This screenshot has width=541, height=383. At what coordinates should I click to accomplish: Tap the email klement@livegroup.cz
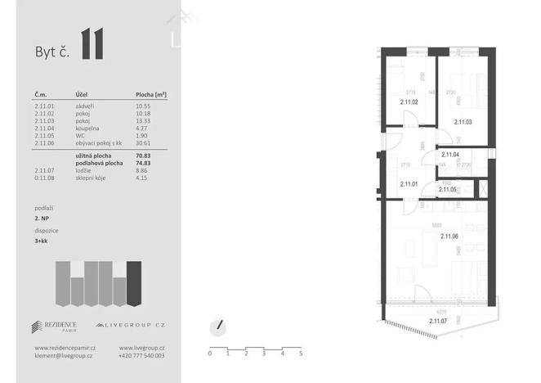(x=64, y=356)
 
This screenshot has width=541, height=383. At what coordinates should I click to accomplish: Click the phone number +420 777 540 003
(x=142, y=356)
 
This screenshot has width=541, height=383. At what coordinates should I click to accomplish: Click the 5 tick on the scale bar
(x=301, y=354)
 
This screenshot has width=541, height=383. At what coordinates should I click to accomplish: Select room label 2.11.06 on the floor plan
(x=450, y=237)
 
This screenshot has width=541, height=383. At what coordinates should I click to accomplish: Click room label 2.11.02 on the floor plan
(x=409, y=102)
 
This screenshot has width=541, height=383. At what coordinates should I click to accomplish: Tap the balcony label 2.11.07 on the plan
(x=440, y=321)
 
